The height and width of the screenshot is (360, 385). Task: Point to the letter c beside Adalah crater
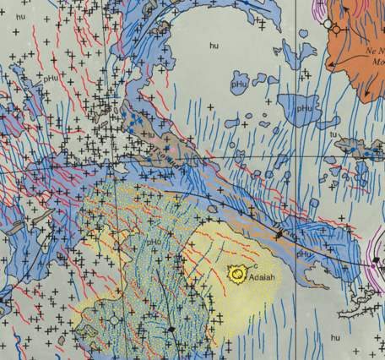254,266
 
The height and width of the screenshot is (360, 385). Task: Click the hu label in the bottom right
336,337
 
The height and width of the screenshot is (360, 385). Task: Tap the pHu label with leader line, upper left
52,78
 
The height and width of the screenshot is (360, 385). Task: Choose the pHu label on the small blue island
239,85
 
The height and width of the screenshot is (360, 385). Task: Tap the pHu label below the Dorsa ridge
305,253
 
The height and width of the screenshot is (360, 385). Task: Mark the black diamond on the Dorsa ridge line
279,232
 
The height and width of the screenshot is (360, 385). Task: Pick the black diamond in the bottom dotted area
171,329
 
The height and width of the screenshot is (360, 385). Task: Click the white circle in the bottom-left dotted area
114,321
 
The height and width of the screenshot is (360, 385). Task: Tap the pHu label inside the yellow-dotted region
154,243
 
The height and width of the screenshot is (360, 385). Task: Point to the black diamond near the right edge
376,259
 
